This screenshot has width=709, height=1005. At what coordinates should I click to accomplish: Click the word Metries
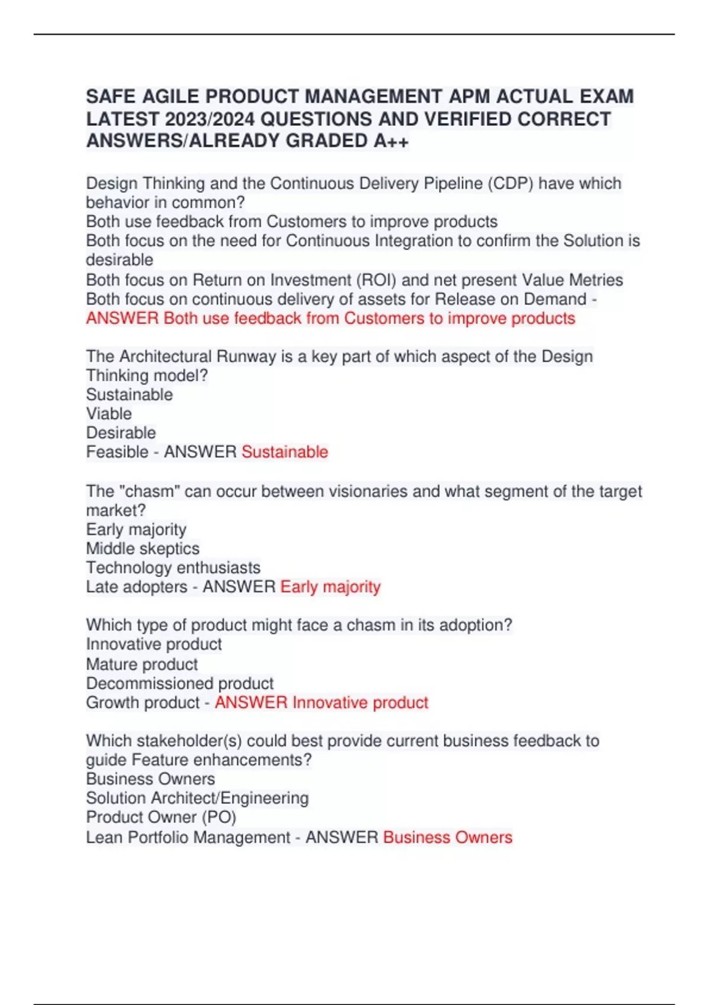coord(596,280)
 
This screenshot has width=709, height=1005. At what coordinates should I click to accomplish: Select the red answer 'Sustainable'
coord(285,452)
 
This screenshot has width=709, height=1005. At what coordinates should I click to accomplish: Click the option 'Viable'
coord(109,414)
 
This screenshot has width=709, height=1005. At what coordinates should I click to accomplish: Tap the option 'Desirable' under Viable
coord(121,433)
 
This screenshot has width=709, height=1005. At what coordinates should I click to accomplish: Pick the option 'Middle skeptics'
coord(143,549)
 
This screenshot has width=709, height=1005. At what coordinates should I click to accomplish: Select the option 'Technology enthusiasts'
coord(173,568)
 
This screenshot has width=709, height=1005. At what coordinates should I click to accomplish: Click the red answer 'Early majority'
coord(330,586)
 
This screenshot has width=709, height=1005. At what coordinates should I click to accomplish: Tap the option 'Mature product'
coord(142,664)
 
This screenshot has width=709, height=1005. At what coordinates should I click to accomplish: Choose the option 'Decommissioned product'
coord(180,683)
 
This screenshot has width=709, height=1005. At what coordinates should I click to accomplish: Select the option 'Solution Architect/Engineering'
coord(197,798)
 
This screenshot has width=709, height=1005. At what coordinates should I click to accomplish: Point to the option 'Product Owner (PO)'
coord(161,817)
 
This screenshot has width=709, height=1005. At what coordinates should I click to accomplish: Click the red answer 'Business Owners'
coord(448,837)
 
